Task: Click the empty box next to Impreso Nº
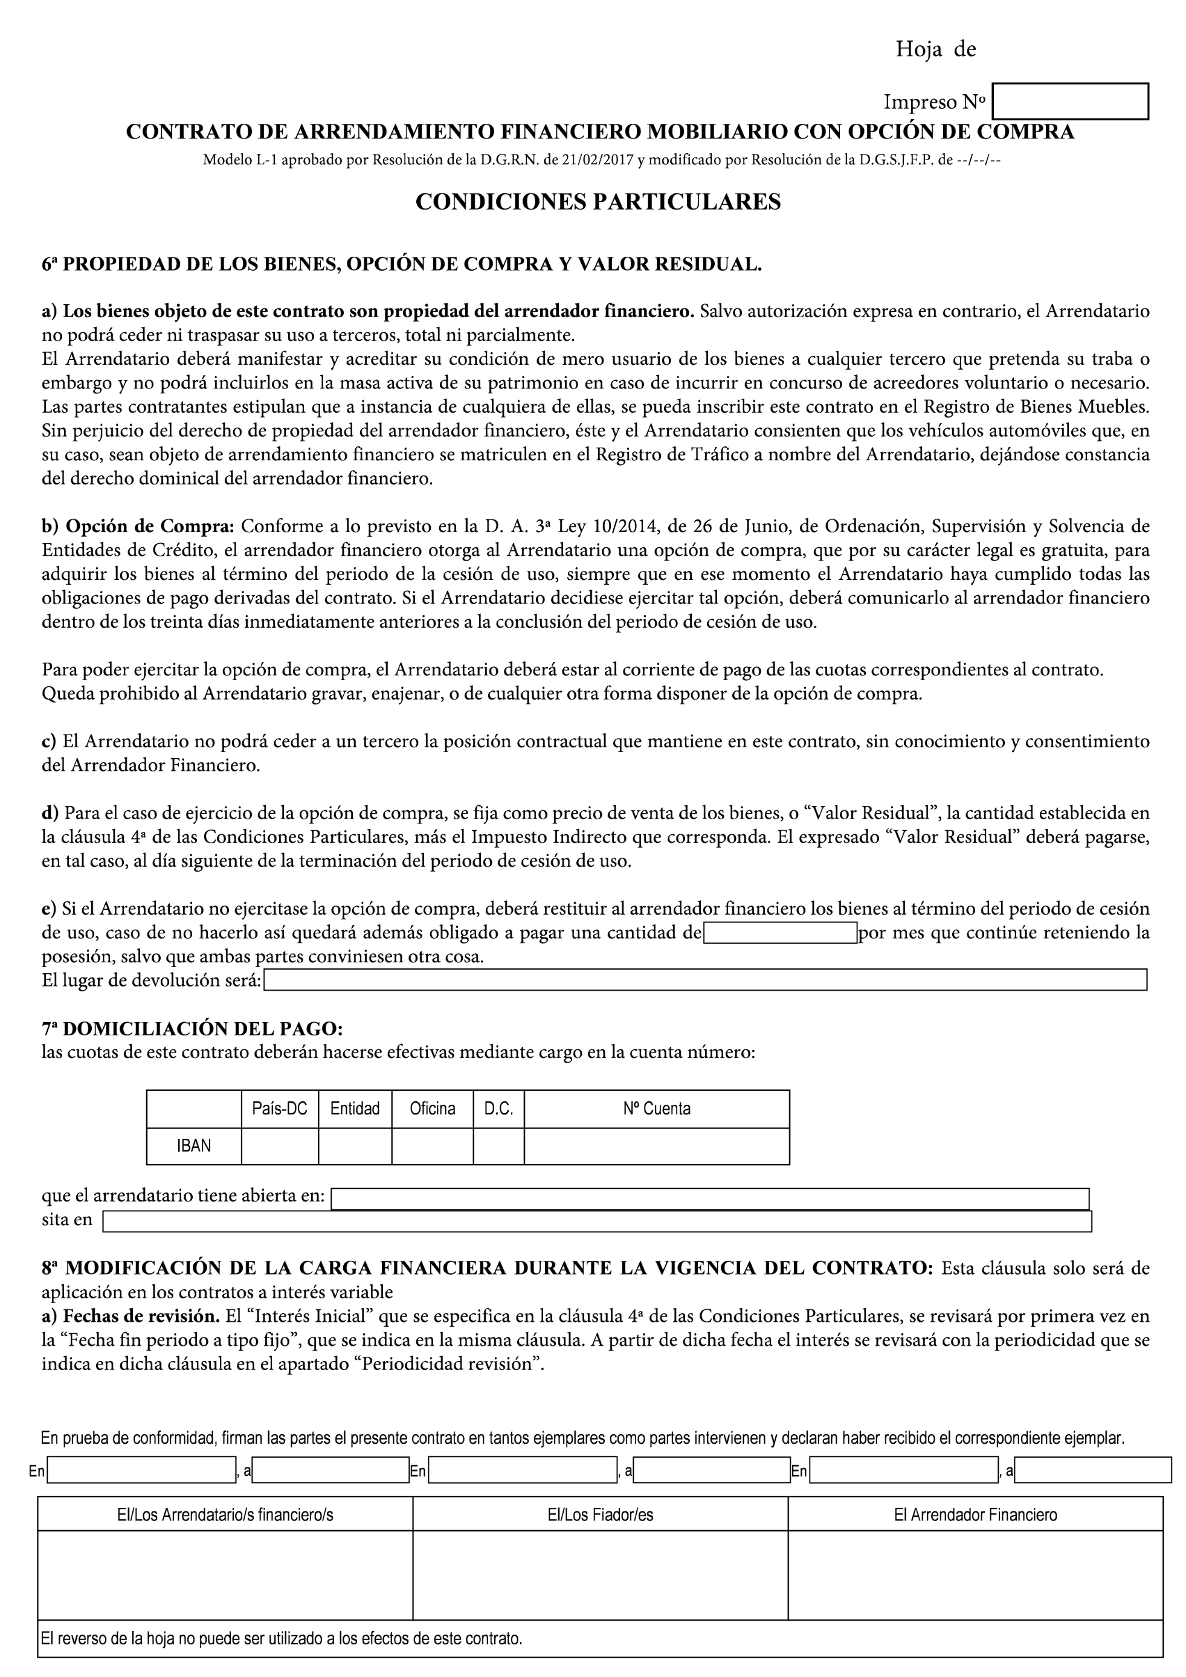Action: point(1070,101)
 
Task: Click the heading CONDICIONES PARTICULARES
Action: point(598,202)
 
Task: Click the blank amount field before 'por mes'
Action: point(779,933)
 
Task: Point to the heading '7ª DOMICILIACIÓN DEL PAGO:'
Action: point(192,1029)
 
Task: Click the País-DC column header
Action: point(279,1109)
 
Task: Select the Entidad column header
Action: point(355,1109)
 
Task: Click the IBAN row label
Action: point(193,1146)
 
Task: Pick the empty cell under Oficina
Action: point(433,1146)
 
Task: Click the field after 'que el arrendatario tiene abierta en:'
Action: point(709,1199)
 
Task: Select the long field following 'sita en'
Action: point(597,1222)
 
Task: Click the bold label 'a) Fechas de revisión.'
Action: point(131,1316)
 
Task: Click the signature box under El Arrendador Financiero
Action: point(975,1575)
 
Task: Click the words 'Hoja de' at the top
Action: point(935,50)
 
